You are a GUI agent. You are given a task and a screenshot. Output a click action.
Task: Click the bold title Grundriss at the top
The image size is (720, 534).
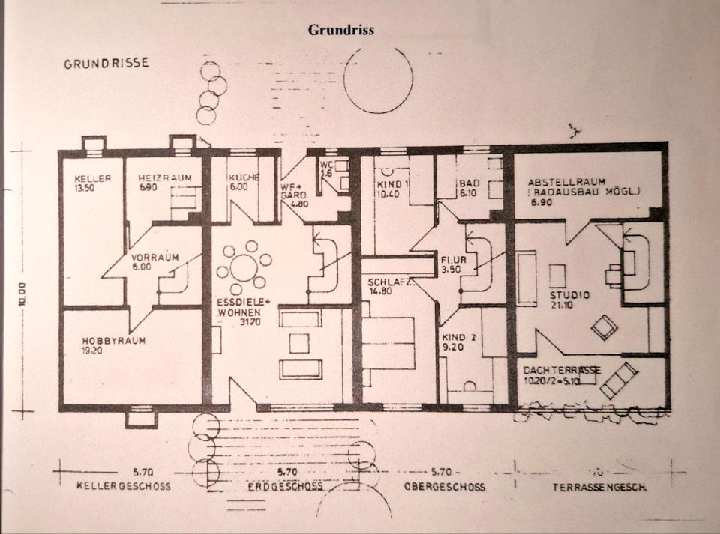click(340, 31)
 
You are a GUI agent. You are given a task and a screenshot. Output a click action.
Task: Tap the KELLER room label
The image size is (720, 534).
click(93, 178)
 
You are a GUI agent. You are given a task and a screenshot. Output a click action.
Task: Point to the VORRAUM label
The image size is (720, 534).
click(154, 256)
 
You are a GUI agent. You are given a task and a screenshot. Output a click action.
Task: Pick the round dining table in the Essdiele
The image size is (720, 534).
click(244, 267)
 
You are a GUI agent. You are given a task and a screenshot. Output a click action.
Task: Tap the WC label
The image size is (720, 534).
click(325, 164)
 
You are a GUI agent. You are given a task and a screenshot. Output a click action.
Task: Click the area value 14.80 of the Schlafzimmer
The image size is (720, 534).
click(381, 292)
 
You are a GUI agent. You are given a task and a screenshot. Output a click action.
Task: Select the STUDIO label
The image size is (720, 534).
click(570, 295)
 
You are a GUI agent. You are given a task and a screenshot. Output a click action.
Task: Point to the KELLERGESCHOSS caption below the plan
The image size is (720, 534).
click(123, 486)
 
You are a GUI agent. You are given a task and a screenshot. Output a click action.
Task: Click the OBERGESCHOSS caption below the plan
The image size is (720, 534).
click(445, 487)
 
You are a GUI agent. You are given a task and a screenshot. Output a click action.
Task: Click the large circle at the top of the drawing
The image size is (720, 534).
click(379, 79)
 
